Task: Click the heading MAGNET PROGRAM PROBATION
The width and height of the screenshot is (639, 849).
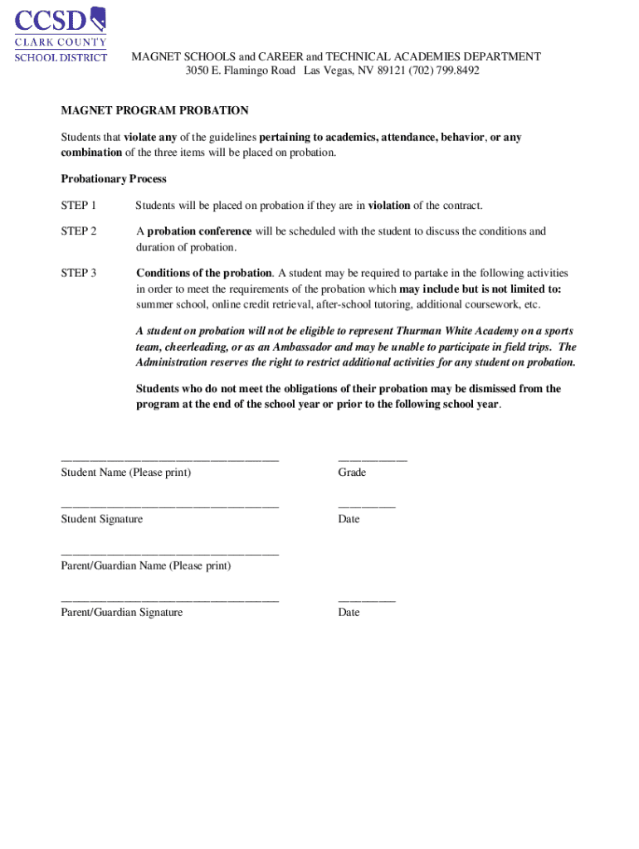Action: click(x=154, y=110)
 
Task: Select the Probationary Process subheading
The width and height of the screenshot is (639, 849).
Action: click(x=114, y=179)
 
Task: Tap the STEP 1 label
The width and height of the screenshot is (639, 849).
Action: click(x=79, y=206)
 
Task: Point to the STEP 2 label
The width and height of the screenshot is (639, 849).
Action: click(x=79, y=231)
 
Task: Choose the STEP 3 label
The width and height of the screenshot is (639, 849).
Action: click(x=79, y=273)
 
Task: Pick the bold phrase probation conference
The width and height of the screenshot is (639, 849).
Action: click(x=199, y=231)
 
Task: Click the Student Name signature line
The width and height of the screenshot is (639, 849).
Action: click(x=169, y=458)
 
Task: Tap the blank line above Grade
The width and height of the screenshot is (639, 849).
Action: click(x=372, y=458)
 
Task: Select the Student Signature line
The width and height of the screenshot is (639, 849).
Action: click(x=169, y=505)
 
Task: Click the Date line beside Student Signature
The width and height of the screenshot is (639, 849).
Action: click(x=366, y=505)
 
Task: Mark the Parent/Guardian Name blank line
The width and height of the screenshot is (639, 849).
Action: click(x=169, y=552)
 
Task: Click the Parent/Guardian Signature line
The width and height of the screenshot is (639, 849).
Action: click(x=169, y=599)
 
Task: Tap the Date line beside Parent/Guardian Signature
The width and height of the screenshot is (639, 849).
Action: click(x=366, y=599)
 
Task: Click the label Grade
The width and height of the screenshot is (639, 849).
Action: click(x=352, y=473)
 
